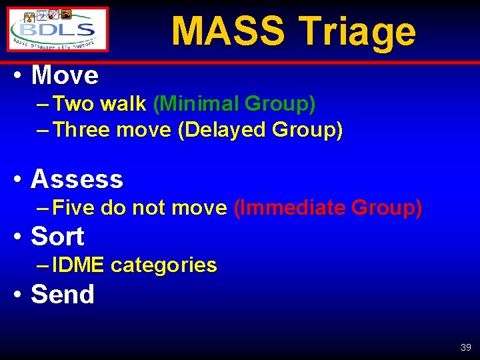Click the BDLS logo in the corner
(58, 29)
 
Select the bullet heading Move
(65, 75)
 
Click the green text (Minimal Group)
(234, 104)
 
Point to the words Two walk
(99, 104)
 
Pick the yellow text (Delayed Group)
(260, 129)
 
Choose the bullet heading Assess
(77, 179)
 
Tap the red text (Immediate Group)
(328, 208)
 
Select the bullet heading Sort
(57, 236)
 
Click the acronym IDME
(78, 265)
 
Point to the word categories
(164, 265)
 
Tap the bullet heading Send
(63, 294)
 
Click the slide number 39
(465, 347)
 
